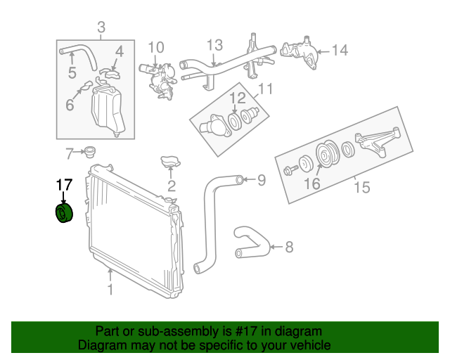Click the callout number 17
tap(64, 185)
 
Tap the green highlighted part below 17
tap(65, 213)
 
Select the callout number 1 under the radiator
tap(109, 288)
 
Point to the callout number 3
tap(101, 28)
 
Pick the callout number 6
tap(70, 105)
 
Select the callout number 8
tap(289, 247)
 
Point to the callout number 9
tap(261, 181)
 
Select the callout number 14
tap(340, 50)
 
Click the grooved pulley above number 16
tap(326, 155)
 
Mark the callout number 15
tap(361, 188)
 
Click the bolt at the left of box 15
tap(289, 169)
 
